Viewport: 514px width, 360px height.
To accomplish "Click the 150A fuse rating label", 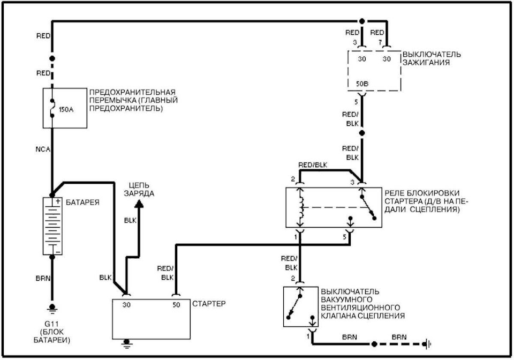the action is point(66,109).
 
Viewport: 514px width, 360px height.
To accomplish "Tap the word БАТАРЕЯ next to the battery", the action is point(82,202).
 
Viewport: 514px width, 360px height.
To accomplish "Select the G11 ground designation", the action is point(52,325).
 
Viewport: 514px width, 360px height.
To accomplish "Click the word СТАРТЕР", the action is point(209,304).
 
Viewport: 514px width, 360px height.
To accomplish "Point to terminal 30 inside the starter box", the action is point(126,305).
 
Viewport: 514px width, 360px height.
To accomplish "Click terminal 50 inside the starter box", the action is point(176,305).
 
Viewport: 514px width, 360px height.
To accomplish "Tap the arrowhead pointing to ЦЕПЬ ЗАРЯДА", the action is point(139,204).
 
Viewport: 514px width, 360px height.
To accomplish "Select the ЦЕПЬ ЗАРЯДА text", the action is point(139,190).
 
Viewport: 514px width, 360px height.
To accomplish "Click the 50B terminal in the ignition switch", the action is point(362,84).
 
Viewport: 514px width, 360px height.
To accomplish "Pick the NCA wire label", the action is point(43,149).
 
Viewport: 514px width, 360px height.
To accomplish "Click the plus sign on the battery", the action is point(58,201).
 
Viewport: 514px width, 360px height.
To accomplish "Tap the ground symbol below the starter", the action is point(126,343).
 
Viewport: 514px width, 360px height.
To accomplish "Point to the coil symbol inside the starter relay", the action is point(301,207).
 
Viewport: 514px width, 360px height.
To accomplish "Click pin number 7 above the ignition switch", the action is point(380,42).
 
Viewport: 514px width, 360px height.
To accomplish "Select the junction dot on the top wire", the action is point(362,21).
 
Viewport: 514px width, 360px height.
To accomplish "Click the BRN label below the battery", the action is point(43,279).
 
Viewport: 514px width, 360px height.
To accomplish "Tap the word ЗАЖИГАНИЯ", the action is point(426,62).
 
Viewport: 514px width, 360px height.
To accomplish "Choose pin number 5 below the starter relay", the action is point(345,237).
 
